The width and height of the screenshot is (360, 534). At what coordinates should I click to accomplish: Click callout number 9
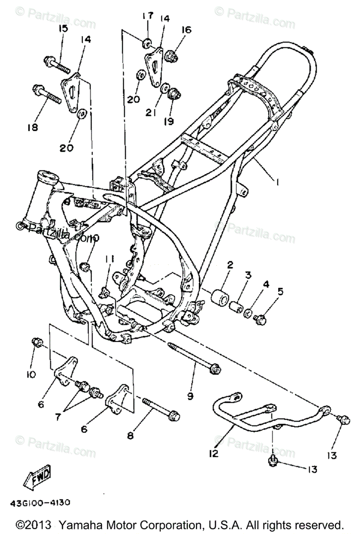[x=190, y=395]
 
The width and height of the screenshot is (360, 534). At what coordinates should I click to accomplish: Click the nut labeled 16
[x=172, y=57]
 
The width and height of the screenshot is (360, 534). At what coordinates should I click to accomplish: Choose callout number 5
[x=281, y=292]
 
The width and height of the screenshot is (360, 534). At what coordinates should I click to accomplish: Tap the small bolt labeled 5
[x=260, y=318]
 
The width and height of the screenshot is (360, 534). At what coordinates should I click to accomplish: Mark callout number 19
[x=170, y=121]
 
